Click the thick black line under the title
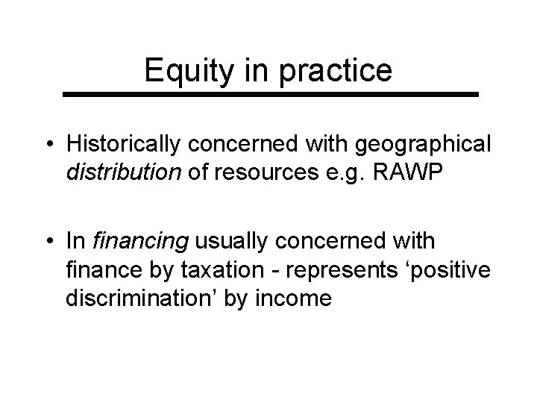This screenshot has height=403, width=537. coord(268,95)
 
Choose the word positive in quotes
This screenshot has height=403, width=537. coord(453,271)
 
